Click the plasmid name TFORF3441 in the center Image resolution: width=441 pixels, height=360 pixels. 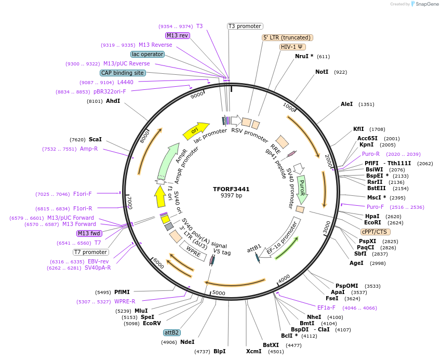coord(231,189)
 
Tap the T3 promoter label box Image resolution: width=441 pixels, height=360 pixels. coord(245,26)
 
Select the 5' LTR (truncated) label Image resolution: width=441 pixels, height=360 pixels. coord(287,37)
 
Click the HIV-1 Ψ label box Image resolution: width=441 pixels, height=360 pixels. coord(292,47)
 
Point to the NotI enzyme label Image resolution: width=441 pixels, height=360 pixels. coord(322,72)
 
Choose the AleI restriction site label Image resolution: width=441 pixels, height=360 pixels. coord(346,104)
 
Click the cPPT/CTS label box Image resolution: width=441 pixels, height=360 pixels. coord(374,232)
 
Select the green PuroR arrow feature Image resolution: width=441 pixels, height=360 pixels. coord(302,189)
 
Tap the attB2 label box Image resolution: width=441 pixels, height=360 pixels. coord(171,332)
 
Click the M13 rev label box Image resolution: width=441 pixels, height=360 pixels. coord(177,35)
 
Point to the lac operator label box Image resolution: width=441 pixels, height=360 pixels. coord(148,54)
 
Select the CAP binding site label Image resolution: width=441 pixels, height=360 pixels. coord(123,73)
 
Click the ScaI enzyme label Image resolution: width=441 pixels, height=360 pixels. coord(95,140)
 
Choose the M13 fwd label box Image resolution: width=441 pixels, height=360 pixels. coord(88,233)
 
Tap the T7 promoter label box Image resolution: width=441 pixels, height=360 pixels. coord(90,252)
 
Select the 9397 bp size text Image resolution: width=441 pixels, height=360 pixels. coord(231,196)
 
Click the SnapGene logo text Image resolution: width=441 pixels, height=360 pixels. coord(426,4)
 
